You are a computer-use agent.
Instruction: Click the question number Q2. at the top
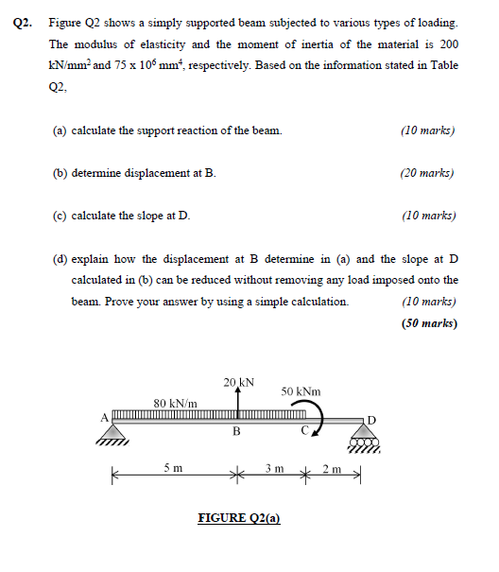[28, 21]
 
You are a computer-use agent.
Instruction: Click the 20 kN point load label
[238, 382]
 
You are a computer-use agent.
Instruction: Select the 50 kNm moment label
[301, 391]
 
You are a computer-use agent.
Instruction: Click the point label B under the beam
[236, 433]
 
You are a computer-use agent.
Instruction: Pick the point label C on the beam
[303, 433]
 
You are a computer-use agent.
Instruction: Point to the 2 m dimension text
[333, 470]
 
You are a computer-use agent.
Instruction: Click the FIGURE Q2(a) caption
[239, 518]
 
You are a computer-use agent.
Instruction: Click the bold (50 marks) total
[429, 322]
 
